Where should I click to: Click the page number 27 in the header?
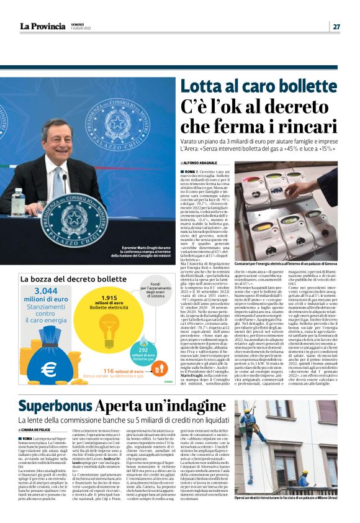(x=336, y=26)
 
